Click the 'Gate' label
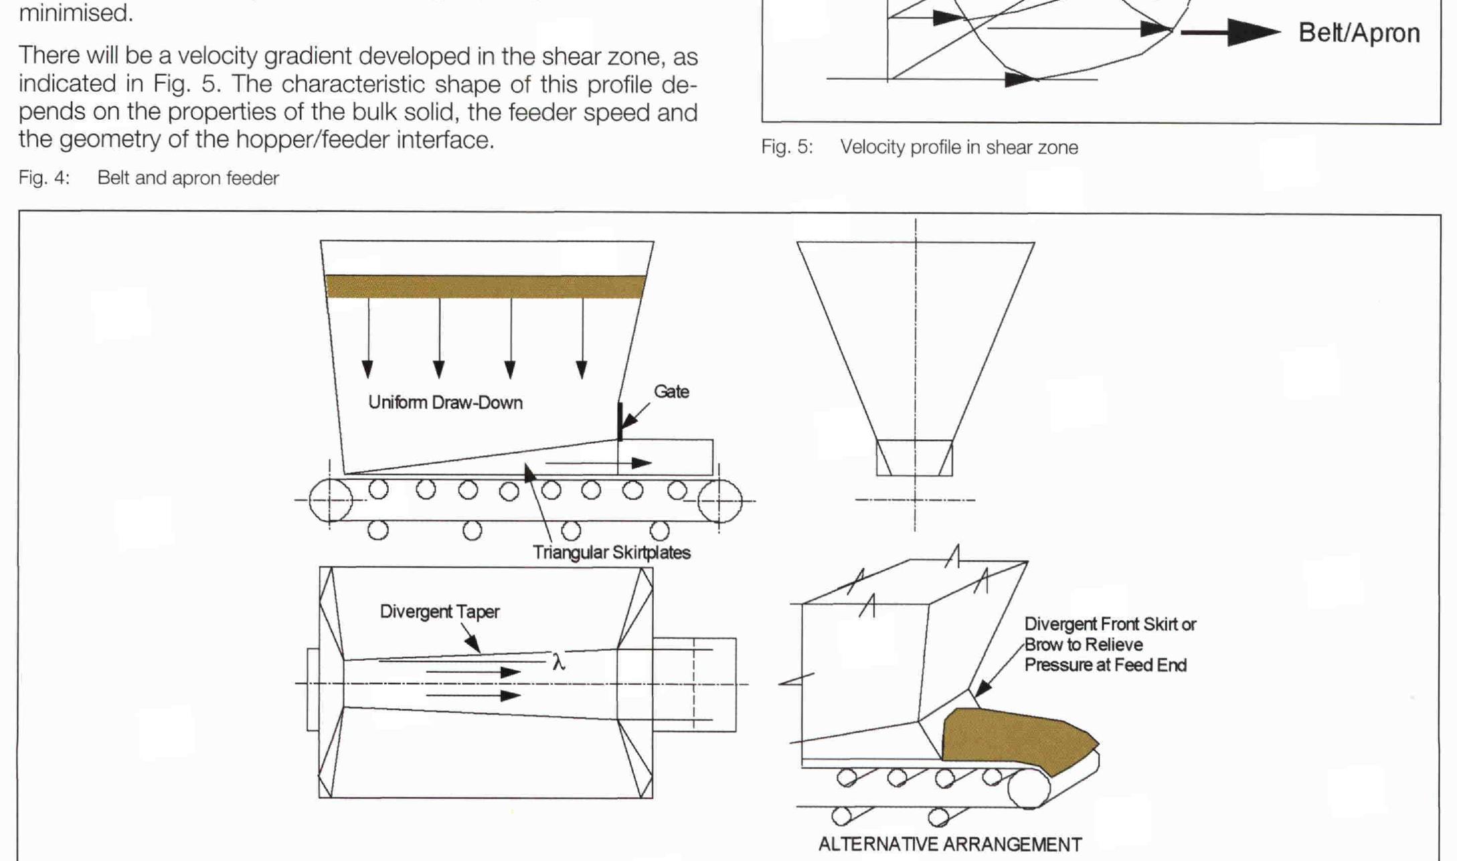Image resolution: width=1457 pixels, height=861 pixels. [671, 392]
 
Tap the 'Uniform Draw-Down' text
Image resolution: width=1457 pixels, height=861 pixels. [445, 402]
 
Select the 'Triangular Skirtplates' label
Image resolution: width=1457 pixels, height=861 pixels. [611, 552]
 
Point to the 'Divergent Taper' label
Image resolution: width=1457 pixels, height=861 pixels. [439, 611]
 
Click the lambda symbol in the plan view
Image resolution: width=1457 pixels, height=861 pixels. [559, 663]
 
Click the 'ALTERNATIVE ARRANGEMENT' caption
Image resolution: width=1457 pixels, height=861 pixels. [949, 844]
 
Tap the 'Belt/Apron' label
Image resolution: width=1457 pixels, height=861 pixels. [1359, 33]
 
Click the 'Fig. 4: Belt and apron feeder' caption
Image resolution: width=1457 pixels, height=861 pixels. [149, 178]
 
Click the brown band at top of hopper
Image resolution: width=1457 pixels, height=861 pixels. [485, 286]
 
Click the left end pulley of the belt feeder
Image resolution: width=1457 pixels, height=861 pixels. [330, 500]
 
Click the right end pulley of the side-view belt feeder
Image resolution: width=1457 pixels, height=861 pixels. [719, 500]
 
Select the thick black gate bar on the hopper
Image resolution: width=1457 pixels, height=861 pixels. [620, 422]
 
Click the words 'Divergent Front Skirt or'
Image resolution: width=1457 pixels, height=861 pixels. [1110, 624]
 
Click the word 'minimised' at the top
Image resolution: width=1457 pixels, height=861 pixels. [76, 12]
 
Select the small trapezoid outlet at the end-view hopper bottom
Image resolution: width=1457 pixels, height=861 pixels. [914, 458]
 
